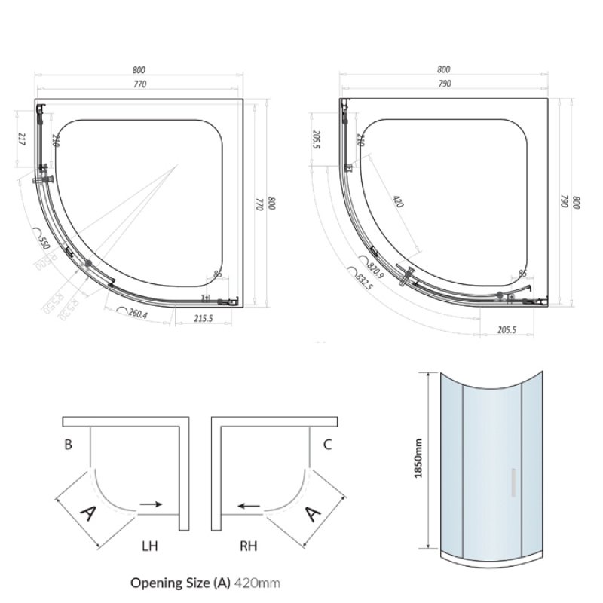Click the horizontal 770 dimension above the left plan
point(139,84)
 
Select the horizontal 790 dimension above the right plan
point(444,84)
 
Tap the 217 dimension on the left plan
point(23,139)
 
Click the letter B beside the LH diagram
point(68,445)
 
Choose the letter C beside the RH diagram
point(327,445)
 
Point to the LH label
point(148,544)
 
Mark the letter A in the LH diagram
point(88,516)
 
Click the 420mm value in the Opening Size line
point(258,583)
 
